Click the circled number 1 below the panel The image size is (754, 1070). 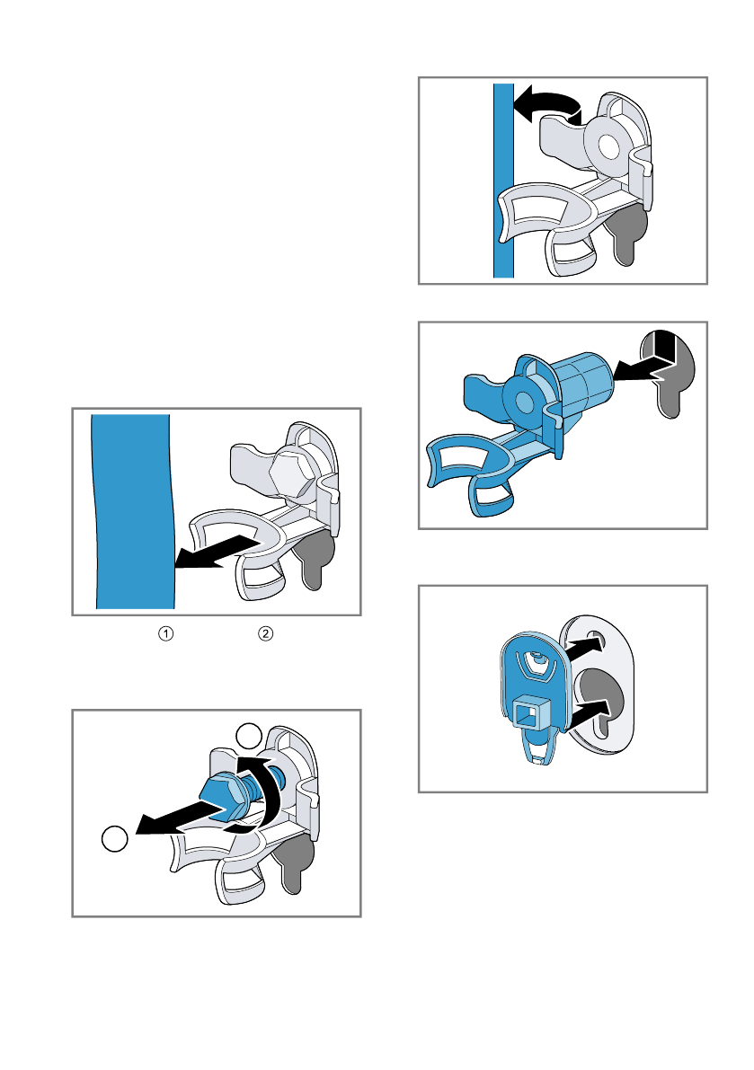point(166,634)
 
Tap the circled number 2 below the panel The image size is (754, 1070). point(265,634)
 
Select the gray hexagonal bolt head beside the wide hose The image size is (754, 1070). point(293,475)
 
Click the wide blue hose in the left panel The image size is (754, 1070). point(134,511)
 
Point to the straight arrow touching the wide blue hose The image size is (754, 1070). point(217,552)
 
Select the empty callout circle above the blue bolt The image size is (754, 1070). point(249,737)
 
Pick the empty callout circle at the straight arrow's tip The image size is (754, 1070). point(115,839)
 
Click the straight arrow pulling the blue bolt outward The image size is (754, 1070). point(181,818)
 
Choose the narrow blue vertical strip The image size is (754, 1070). point(503,181)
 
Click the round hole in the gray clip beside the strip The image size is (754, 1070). point(609,146)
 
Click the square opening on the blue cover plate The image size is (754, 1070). point(528,713)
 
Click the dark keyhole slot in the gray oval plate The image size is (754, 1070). point(602,700)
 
